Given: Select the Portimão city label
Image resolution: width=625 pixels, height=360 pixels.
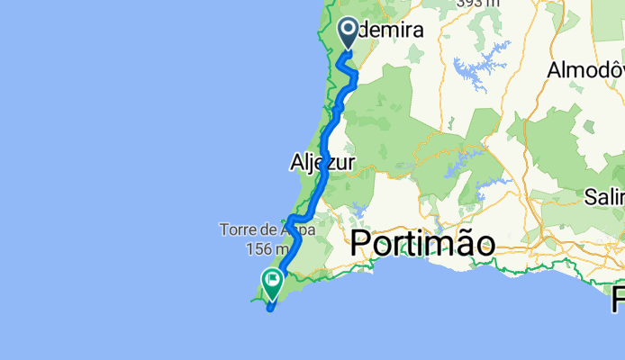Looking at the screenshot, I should [x=422, y=244].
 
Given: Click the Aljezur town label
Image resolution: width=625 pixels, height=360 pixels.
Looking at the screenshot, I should [x=322, y=163].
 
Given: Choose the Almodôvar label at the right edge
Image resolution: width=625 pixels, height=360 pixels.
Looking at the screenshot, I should [x=586, y=70].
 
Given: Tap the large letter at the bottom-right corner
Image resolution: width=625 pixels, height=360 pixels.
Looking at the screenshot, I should [x=617, y=298].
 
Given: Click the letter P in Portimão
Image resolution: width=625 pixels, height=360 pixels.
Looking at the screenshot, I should [x=361, y=244].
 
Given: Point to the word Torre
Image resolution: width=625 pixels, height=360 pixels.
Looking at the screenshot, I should [x=237, y=230].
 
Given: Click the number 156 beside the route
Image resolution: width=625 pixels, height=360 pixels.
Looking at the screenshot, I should [x=259, y=248].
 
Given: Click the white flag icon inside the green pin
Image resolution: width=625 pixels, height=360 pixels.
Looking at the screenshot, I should [x=272, y=280].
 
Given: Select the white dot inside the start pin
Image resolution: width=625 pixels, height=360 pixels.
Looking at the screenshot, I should [x=349, y=31].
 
